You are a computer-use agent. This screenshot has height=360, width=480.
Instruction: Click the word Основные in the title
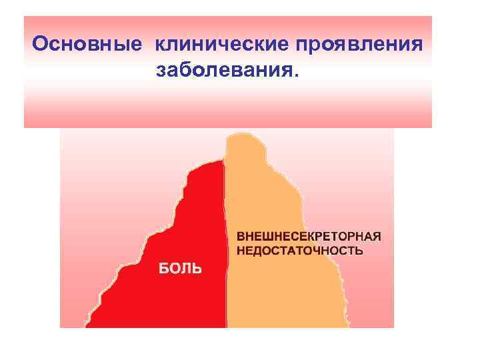tap(87, 44)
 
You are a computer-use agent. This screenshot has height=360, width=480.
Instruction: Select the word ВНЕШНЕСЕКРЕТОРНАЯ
tap(309, 237)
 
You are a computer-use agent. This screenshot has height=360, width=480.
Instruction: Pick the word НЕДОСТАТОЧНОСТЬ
tap(301, 251)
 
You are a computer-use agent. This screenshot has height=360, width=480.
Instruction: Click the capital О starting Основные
tap(41, 44)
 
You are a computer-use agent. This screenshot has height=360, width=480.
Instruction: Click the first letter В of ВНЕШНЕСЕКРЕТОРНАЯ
tap(241, 237)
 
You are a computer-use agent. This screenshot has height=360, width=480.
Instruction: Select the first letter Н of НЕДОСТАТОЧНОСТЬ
tap(241, 251)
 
